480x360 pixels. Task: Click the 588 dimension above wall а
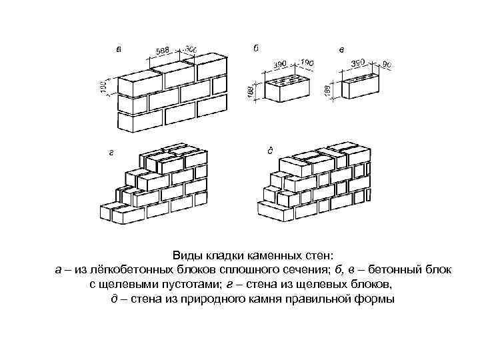(162, 51)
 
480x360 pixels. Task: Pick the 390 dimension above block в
(359, 62)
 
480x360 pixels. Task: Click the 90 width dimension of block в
(387, 65)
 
